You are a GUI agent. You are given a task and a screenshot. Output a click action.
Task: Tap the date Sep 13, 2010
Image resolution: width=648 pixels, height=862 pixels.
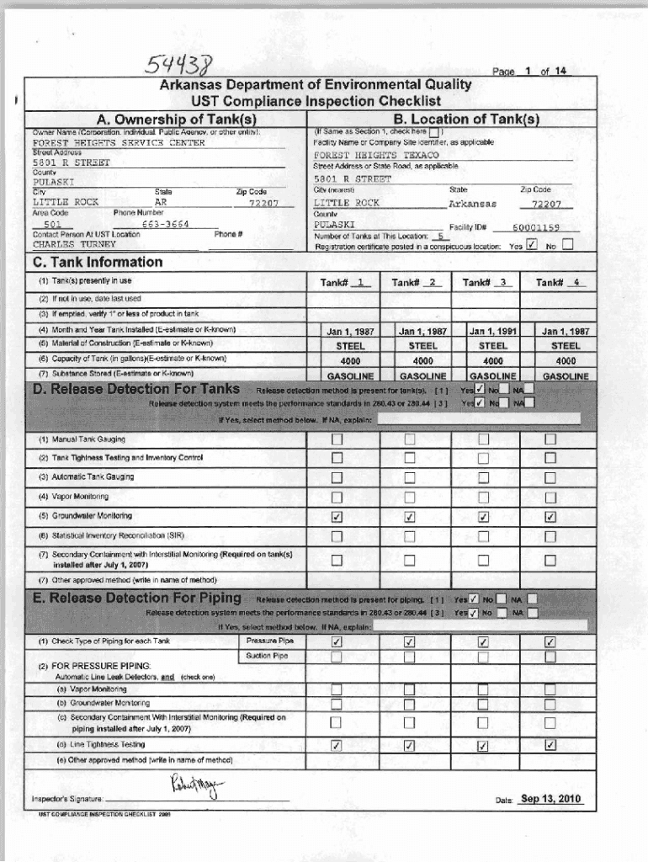pos(551,799)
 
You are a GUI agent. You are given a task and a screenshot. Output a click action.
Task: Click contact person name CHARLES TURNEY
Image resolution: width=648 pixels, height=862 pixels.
pos(74,244)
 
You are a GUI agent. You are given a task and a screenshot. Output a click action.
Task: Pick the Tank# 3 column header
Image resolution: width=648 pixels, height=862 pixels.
pos(483,283)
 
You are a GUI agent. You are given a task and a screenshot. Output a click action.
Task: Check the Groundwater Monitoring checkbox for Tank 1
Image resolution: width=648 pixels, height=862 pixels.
pos(337,517)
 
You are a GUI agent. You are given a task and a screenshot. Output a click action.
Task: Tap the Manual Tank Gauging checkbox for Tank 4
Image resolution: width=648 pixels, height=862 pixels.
pos(550,439)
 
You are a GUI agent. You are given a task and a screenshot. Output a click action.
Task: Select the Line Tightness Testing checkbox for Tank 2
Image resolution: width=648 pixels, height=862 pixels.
pos(410,745)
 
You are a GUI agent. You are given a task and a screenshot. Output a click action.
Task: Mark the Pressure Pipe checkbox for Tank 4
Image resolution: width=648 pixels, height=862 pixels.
pos(550,642)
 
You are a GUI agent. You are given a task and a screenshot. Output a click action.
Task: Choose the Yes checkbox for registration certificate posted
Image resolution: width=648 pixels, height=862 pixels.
pos(531,246)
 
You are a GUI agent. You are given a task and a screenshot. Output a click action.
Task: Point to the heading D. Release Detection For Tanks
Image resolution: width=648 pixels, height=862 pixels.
pos(135,389)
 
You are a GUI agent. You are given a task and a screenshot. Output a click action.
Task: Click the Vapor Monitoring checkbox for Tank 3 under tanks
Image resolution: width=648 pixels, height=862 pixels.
pos(483,498)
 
